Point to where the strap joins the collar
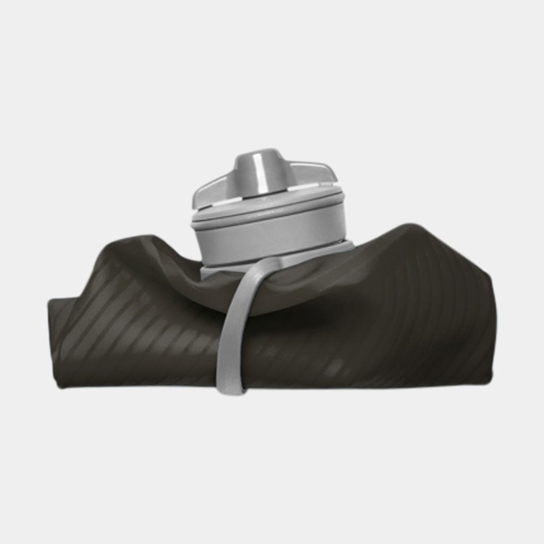pos(271,262)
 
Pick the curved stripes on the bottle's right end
pos(452,319)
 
